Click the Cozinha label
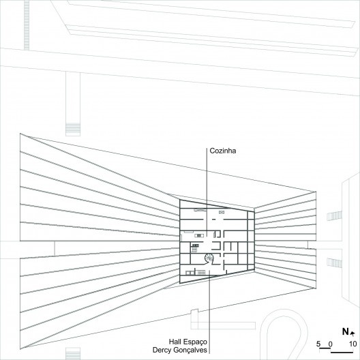pos(222,151)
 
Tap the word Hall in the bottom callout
pos(175,342)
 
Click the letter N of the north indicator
pos(345,332)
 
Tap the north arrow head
pos(352,333)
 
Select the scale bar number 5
pos(318,344)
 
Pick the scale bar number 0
pos(330,344)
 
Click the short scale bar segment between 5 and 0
pos(325,349)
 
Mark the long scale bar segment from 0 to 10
pos(342,352)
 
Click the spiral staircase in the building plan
pos(209,259)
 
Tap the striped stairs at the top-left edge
pos(27,25)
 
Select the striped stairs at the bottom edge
pos(73,354)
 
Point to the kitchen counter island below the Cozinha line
pos(199,235)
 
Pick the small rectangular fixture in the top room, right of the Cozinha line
pos(222,212)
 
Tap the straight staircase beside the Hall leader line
pos(201,273)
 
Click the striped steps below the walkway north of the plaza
pos(73,130)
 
